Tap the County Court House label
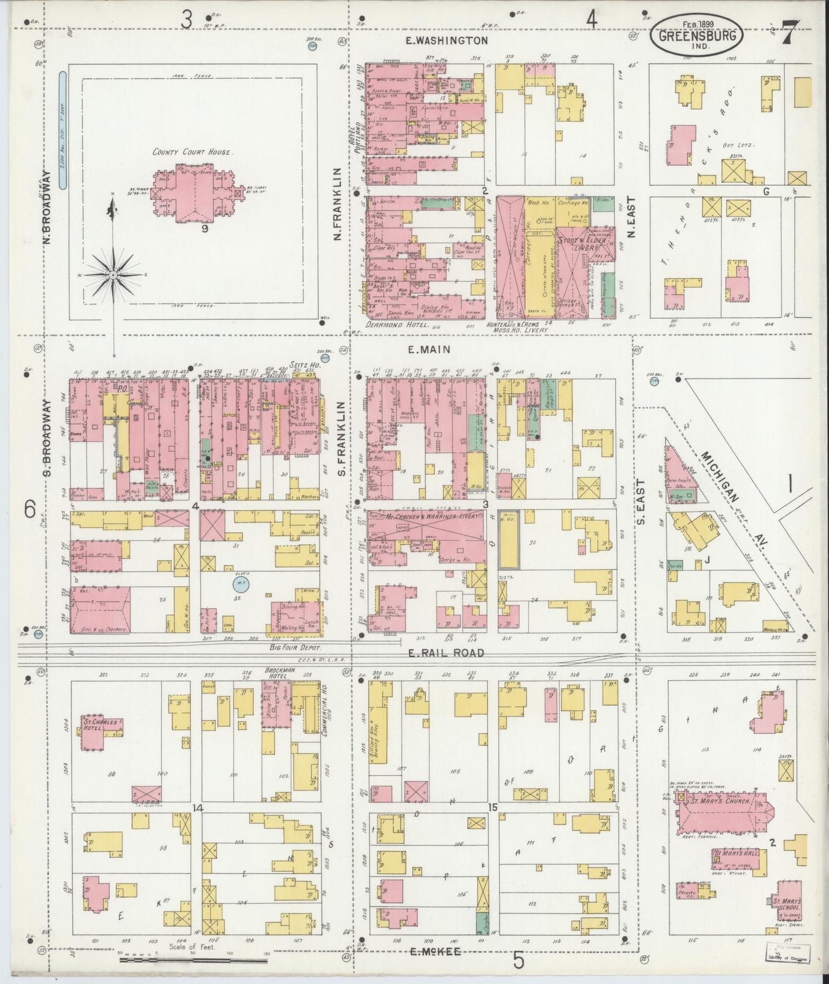click(x=192, y=152)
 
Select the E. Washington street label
click(x=446, y=41)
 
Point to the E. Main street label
click(x=429, y=348)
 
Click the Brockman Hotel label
click(x=279, y=673)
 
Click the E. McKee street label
click(x=437, y=952)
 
